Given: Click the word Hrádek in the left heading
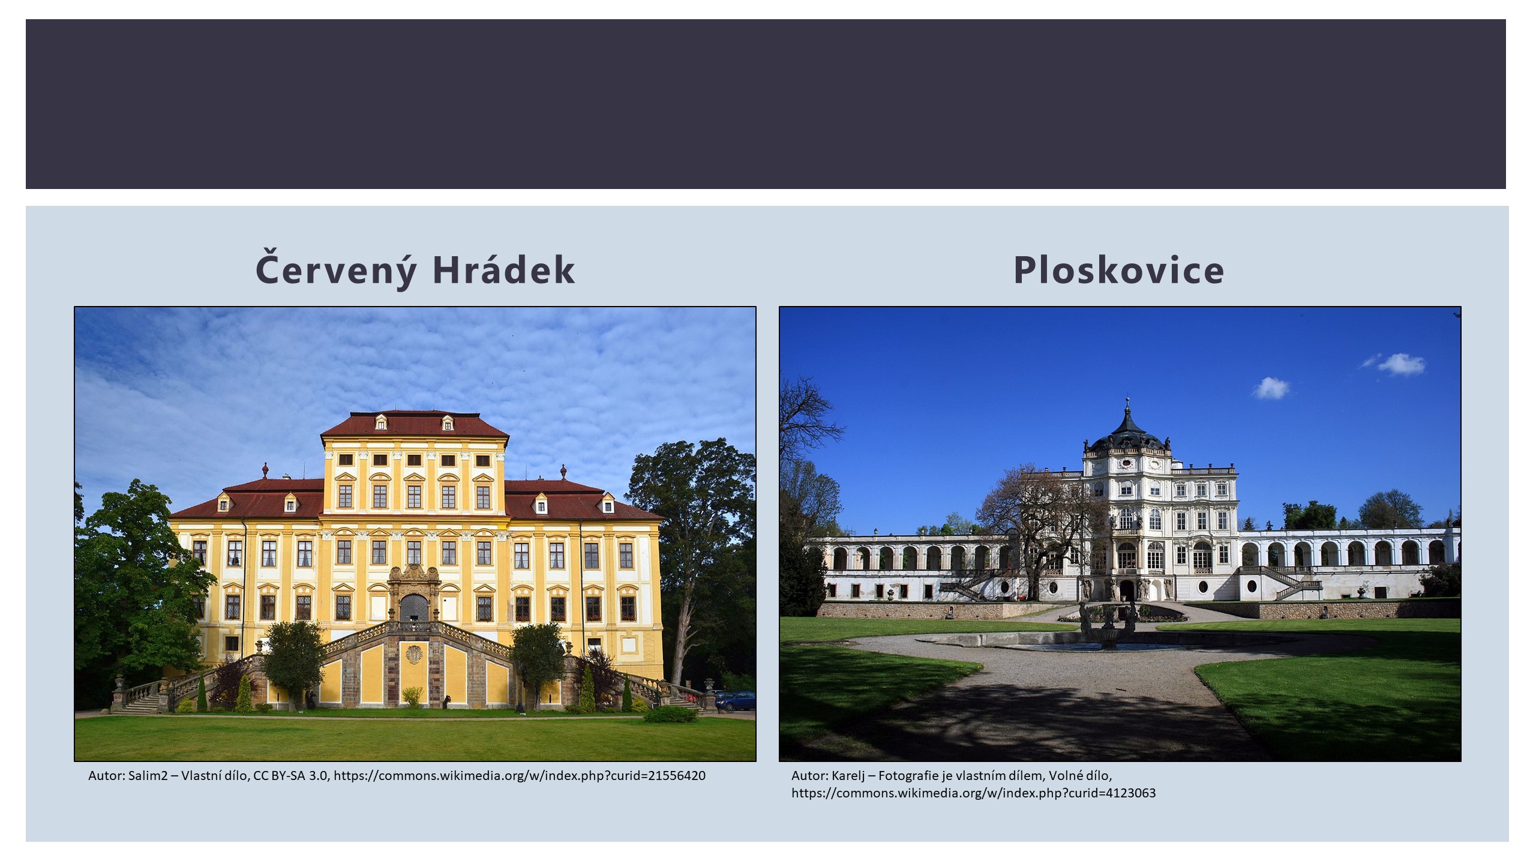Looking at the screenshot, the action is (x=503, y=269).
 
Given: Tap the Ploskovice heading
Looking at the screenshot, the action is (x=1119, y=269).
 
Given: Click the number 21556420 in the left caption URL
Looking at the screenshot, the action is (x=677, y=775).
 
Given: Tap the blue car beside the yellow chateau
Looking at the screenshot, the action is (x=736, y=700).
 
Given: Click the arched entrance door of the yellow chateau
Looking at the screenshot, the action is (x=414, y=608).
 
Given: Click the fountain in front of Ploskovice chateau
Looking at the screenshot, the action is (x=1108, y=627).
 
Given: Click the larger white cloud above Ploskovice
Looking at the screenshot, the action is (x=1399, y=364).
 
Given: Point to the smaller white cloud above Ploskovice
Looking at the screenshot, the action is (x=1270, y=388).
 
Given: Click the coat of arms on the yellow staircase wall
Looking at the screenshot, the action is (x=415, y=653).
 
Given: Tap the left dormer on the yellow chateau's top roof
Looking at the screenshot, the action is (x=381, y=422).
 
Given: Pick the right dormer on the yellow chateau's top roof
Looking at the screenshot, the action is (x=447, y=422).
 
